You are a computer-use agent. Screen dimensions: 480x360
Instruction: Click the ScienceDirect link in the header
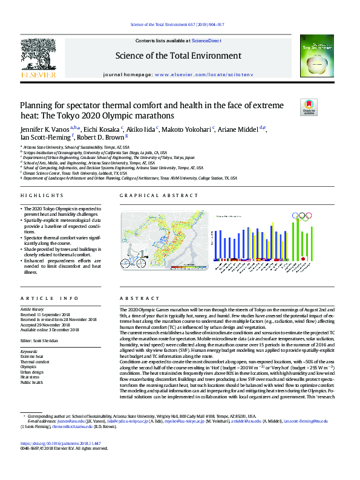click(206, 40)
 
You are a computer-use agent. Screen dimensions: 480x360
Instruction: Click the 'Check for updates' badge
click(309, 107)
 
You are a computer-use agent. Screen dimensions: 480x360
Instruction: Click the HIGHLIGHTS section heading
click(42, 196)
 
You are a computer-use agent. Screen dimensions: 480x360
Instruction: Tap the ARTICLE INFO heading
click(50, 299)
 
